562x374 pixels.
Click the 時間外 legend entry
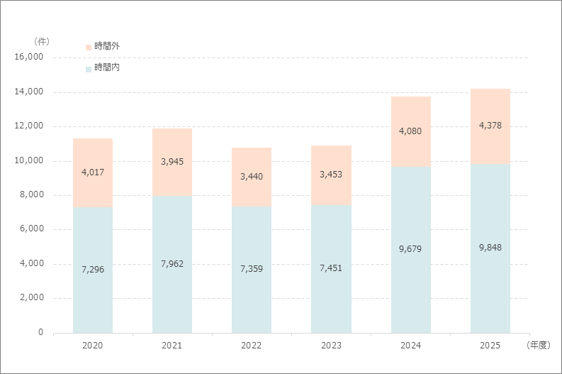coord(103,46)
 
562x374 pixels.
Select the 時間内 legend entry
coord(103,67)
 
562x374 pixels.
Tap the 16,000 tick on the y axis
coord(28,57)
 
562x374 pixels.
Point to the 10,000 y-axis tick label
coord(28,160)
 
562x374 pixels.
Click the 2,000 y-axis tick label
coord(32,297)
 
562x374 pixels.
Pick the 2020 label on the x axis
coord(92,346)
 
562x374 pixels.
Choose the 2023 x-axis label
coord(331,346)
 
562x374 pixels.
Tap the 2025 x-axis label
coord(490,346)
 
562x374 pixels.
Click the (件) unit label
coord(42,42)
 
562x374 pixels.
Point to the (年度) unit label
coord(539,346)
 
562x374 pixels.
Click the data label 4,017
coord(93,172)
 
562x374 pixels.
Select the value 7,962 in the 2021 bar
coord(172,264)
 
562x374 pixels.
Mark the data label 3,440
coord(252,177)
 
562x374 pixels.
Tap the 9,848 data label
coord(490,247)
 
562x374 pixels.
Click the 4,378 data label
coord(490,126)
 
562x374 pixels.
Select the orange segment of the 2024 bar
coord(411,132)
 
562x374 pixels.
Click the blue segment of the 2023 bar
coord(331,269)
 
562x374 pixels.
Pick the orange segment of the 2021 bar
coord(172,163)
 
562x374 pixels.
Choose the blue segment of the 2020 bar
coord(93,270)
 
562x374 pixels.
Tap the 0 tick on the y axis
coord(41,332)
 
